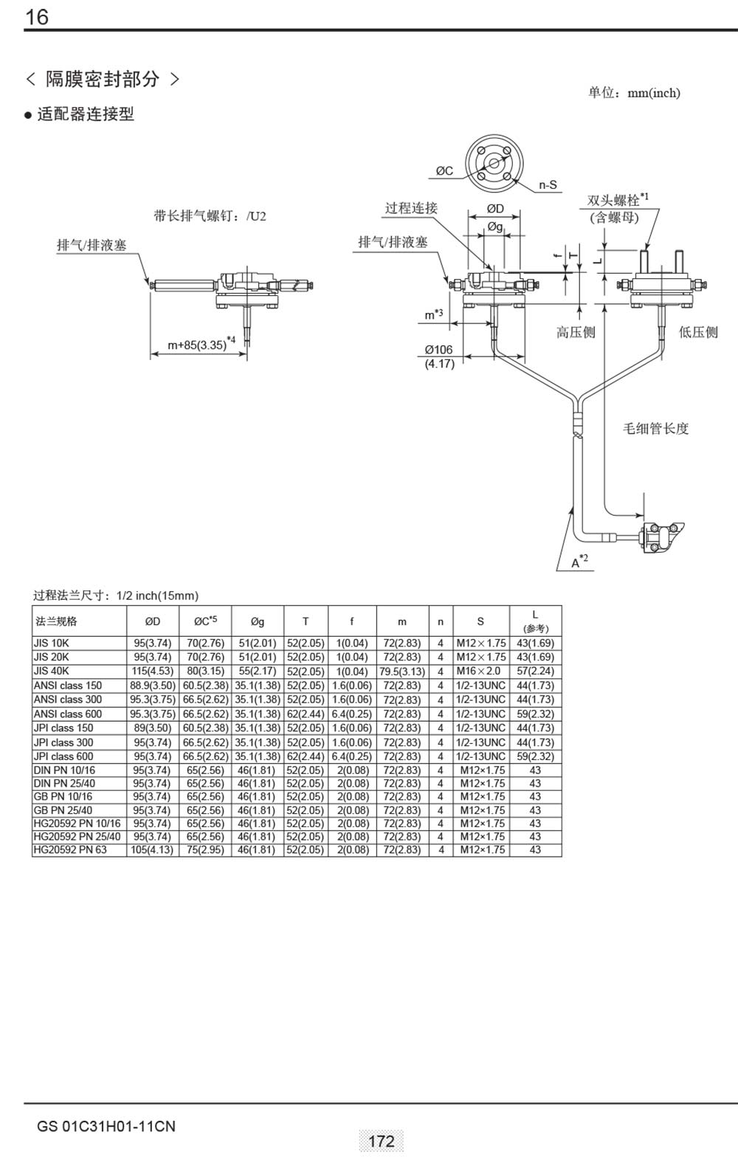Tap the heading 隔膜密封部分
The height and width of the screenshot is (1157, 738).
click(103, 79)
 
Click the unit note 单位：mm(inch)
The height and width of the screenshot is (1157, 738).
click(634, 93)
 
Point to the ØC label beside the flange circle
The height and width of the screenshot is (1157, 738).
click(444, 171)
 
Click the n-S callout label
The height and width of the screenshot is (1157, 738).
click(548, 184)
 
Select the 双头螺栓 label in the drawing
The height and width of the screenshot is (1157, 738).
click(614, 201)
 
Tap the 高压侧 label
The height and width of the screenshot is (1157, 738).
click(575, 333)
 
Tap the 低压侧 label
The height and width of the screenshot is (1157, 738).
click(697, 333)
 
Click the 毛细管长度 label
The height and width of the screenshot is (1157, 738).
click(656, 429)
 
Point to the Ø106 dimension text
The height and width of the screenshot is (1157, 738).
click(438, 350)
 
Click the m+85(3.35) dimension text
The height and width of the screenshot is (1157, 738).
click(196, 345)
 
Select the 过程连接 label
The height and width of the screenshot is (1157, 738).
click(411, 208)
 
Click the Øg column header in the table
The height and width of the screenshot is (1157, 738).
click(257, 621)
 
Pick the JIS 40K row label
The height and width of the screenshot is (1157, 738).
click(52, 671)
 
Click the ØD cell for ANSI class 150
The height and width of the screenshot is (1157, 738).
click(153, 685)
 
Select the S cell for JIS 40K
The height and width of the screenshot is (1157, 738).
click(480, 671)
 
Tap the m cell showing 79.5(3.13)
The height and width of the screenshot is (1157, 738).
click(402, 671)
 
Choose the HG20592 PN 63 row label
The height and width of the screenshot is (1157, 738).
click(70, 849)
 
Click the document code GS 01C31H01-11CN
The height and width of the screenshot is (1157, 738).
click(106, 1127)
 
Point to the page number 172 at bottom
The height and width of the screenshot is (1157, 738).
click(382, 1141)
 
